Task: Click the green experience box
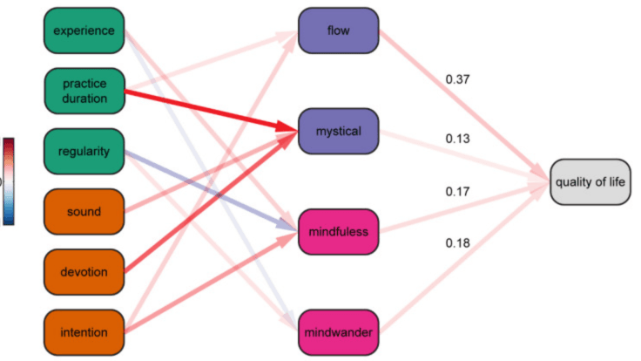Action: pos(84,31)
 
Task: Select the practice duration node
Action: pos(84,92)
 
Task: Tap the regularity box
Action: pos(84,152)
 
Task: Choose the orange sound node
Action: pos(84,212)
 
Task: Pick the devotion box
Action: pos(84,272)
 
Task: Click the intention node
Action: pos(84,332)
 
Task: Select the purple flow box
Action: pos(339,31)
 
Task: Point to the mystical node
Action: pos(339,132)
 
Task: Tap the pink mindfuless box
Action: pos(339,232)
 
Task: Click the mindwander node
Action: pos(339,332)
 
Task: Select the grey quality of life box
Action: pos(590,181)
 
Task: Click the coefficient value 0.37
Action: pos(458,80)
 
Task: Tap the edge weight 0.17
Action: pos(458,190)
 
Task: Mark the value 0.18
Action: pos(458,242)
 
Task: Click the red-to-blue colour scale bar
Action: pos(8,180)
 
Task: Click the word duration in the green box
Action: pos(84,99)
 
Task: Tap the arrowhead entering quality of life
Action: pos(542,180)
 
